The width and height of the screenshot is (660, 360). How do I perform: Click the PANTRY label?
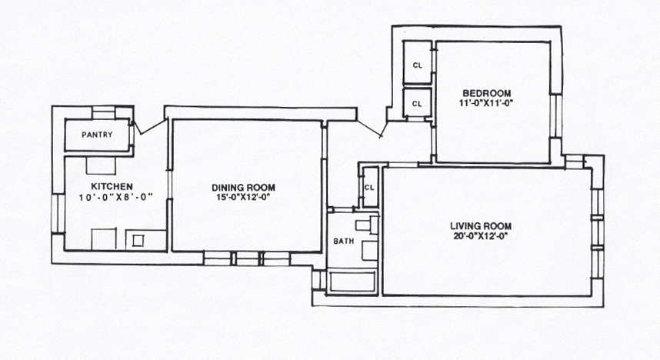pos(97,135)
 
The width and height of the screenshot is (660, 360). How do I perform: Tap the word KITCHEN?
pos(112,186)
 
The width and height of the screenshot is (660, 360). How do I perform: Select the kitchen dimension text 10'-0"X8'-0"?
pos(115,197)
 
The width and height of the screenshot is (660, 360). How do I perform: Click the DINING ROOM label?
pos(243,188)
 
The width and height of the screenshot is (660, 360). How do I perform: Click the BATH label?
pos(344,242)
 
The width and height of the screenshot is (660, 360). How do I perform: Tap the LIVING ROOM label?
pos(481,226)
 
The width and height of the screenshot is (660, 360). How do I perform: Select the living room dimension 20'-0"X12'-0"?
pos(480,236)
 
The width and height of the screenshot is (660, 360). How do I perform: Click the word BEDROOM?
pos(487,94)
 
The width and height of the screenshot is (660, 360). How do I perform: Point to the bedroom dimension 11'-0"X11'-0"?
pos(487,103)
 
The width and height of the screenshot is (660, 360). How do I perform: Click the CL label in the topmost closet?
pos(417,65)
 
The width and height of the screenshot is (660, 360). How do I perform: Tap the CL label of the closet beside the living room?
pos(369,188)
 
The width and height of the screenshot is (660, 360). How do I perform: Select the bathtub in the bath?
pos(352,282)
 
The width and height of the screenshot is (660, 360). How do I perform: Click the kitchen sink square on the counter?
pos(138,241)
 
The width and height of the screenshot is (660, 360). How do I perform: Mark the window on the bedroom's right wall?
pos(555,116)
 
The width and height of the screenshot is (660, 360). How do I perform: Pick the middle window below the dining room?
pos(247,258)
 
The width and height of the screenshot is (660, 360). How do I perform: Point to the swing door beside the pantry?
pos(148,128)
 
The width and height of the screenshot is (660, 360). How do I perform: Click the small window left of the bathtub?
pos(319,279)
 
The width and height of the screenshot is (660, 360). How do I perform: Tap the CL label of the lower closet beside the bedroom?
pos(417,104)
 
